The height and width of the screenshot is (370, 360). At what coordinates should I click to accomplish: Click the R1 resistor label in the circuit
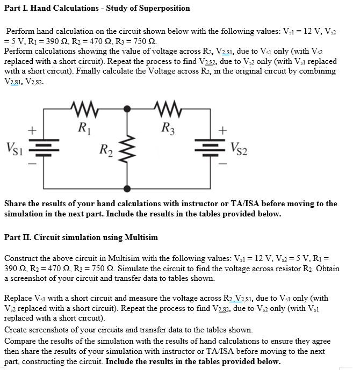coord(84,128)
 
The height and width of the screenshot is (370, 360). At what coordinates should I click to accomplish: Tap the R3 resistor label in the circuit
coord(167,128)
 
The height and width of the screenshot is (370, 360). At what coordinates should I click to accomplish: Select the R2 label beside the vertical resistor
coord(105,150)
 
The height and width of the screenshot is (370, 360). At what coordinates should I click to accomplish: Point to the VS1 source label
coord(15,146)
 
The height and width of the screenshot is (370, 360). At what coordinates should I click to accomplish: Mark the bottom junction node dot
coord(127,188)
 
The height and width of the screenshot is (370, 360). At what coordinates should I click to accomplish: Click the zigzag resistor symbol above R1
coord(83,110)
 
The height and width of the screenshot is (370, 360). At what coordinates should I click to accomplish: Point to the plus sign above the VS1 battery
coord(32,130)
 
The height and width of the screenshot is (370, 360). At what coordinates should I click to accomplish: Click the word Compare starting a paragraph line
coord(20,341)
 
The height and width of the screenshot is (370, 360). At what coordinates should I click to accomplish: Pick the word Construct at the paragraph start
coord(22,258)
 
